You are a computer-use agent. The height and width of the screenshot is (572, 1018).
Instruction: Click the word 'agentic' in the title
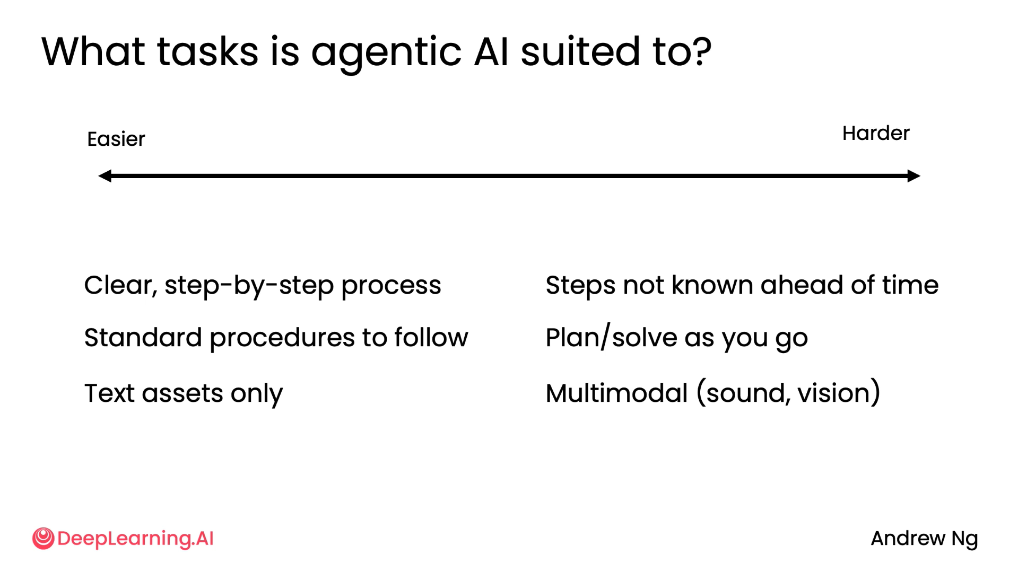(x=386, y=52)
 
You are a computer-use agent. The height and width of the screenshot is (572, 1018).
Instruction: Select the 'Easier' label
(x=116, y=139)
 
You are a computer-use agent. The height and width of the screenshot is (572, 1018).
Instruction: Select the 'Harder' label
(x=875, y=133)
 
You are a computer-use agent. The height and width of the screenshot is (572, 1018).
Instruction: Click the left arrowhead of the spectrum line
(x=105, y=176)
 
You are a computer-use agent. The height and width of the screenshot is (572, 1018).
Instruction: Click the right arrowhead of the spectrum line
(x=913, y=176)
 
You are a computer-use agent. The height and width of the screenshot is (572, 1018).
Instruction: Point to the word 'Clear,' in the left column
(x=120, y=285)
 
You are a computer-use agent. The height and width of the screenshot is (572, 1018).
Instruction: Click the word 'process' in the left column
(x=390, y=286)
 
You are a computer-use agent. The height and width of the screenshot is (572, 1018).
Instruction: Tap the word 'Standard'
(x=143, y=338)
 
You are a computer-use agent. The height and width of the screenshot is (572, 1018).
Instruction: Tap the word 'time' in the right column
(x=910, y=285)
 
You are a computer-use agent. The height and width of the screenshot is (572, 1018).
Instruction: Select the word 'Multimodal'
(x=616, y=393)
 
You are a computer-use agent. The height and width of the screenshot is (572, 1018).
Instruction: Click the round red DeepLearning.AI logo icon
(x=43, y=538)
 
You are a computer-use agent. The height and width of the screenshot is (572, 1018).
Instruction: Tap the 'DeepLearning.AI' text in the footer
(x=135, y=539)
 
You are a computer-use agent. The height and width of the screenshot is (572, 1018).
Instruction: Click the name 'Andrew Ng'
(x=924, y=539)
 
